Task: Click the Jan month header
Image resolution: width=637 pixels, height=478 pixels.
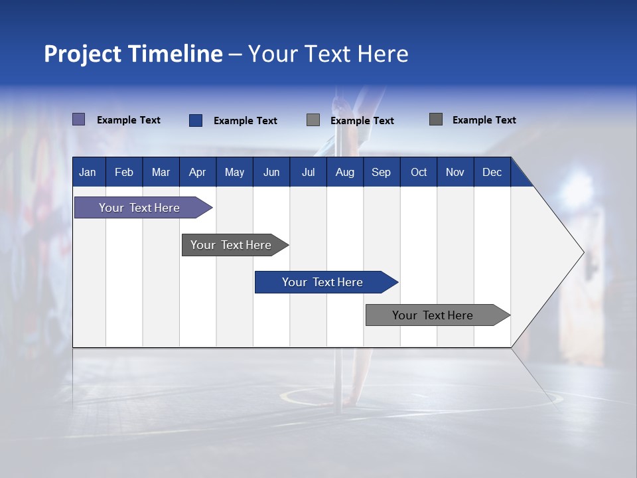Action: (88, 173)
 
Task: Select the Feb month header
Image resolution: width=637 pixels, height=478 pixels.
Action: (124, 173)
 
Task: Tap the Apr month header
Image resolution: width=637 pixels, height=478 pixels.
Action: (197, 173)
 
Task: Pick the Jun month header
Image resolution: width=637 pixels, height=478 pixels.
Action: (271, 173)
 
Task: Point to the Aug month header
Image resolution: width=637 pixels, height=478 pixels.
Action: (344, 173)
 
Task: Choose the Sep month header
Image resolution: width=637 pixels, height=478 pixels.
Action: (381, 173)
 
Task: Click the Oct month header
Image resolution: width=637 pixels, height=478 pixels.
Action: (419, 173)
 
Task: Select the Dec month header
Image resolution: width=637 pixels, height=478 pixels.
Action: (492, 173)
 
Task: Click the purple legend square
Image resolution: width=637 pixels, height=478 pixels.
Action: (79, 119)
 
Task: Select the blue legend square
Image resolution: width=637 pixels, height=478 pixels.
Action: (196, 120)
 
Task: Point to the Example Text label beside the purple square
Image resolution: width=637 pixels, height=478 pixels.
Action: (129, 120)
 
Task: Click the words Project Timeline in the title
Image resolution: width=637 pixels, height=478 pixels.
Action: (133, 54)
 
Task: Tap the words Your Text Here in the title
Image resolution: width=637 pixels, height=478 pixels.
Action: (328, 54)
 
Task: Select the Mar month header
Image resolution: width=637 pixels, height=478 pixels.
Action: (161, 173)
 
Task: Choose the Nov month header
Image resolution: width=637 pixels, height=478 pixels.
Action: (455, 173)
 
